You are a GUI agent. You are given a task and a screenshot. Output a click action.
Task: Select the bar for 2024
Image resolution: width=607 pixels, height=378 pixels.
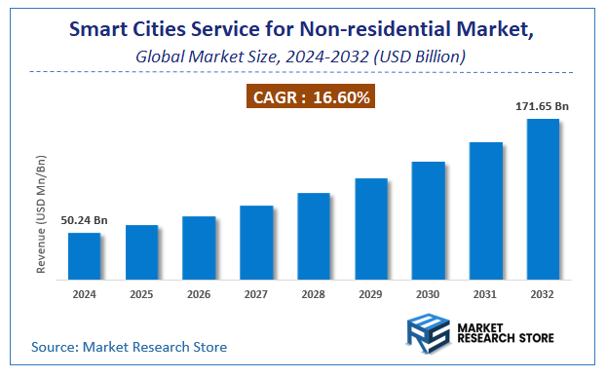click(85, 254)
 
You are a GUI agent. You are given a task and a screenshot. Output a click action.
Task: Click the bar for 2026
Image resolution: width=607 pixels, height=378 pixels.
click(199, 246)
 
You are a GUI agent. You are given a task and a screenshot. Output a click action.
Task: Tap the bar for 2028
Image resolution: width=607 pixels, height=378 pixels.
click(314, 234)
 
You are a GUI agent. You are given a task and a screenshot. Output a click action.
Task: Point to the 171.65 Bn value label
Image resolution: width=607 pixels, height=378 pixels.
click(541, 106)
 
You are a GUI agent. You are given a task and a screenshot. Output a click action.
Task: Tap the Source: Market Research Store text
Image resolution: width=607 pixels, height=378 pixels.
click(129, 347)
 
